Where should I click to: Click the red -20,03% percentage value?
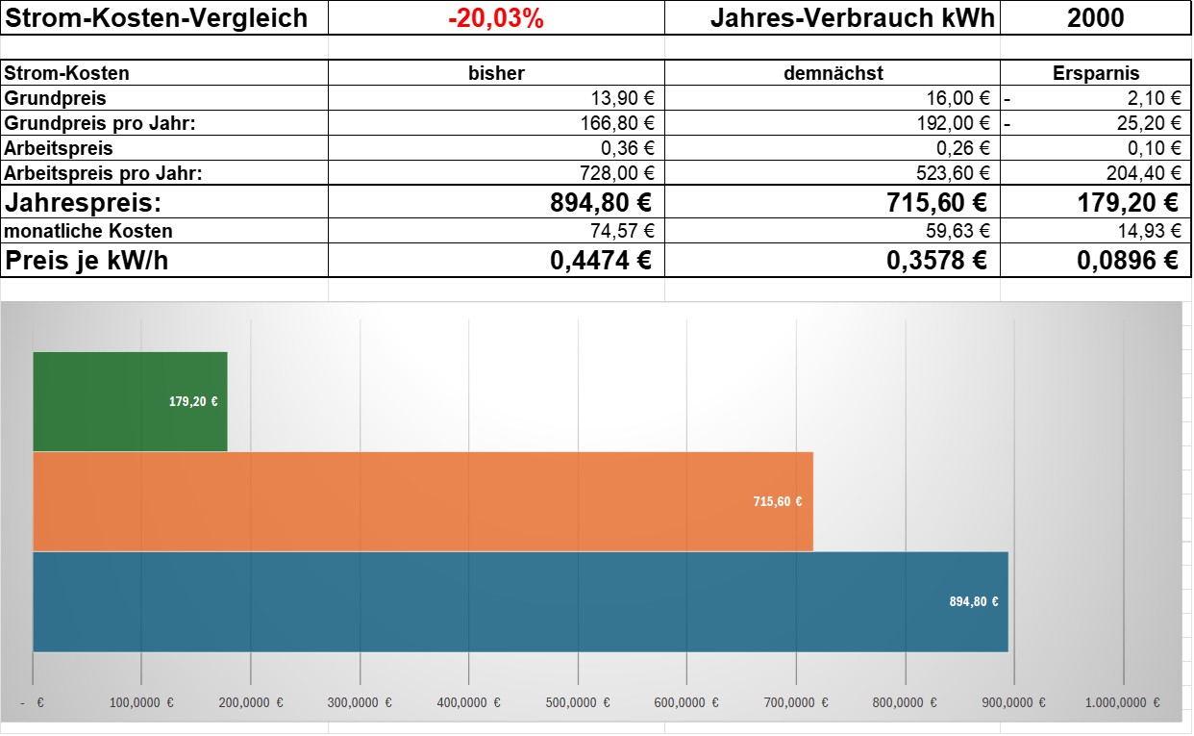pyautogui.click(x=496, y=18)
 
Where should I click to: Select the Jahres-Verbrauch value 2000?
pyautogui.click(x=1095, y=18)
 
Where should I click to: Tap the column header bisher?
pyautogui.click(x=496, y=73)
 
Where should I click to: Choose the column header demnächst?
pyautogui.click(x=833, y=73)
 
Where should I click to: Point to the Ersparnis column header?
pyautogui.click(x=1096, y=73)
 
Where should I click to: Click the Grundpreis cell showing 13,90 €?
pyautogui.click(x=623, y=98)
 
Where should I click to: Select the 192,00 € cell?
pyautogui.click(x=953, y=123)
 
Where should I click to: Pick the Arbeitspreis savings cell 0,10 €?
pyautogui.click(x=1154, y=148)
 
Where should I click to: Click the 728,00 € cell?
pyautogui.click(x=617, y=173)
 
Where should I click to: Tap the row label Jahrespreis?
pyautogui.click(x=83, y=203)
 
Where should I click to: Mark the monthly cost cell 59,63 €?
pyautogui.click(x=958, y=230)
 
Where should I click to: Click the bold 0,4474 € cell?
pyautogui.click(x=601, y=261)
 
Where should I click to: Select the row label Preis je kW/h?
pyautogui.click(x=87, y=261)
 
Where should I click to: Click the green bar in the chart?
pyautogui.click(x=130, y=401)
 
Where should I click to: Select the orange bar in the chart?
pyautogui.click(x=423, y=501)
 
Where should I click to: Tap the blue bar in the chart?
pyautogui.click(x=520, y=601)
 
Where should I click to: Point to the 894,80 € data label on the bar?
pyautogui.click(x=973, y=601)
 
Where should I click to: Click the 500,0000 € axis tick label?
pyautogui.click(x=578, y=702)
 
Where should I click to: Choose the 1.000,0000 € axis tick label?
pyautogui.click(x=1123, y=702)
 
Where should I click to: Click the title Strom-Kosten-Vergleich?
pyautogui.click(x=156, y=18)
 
